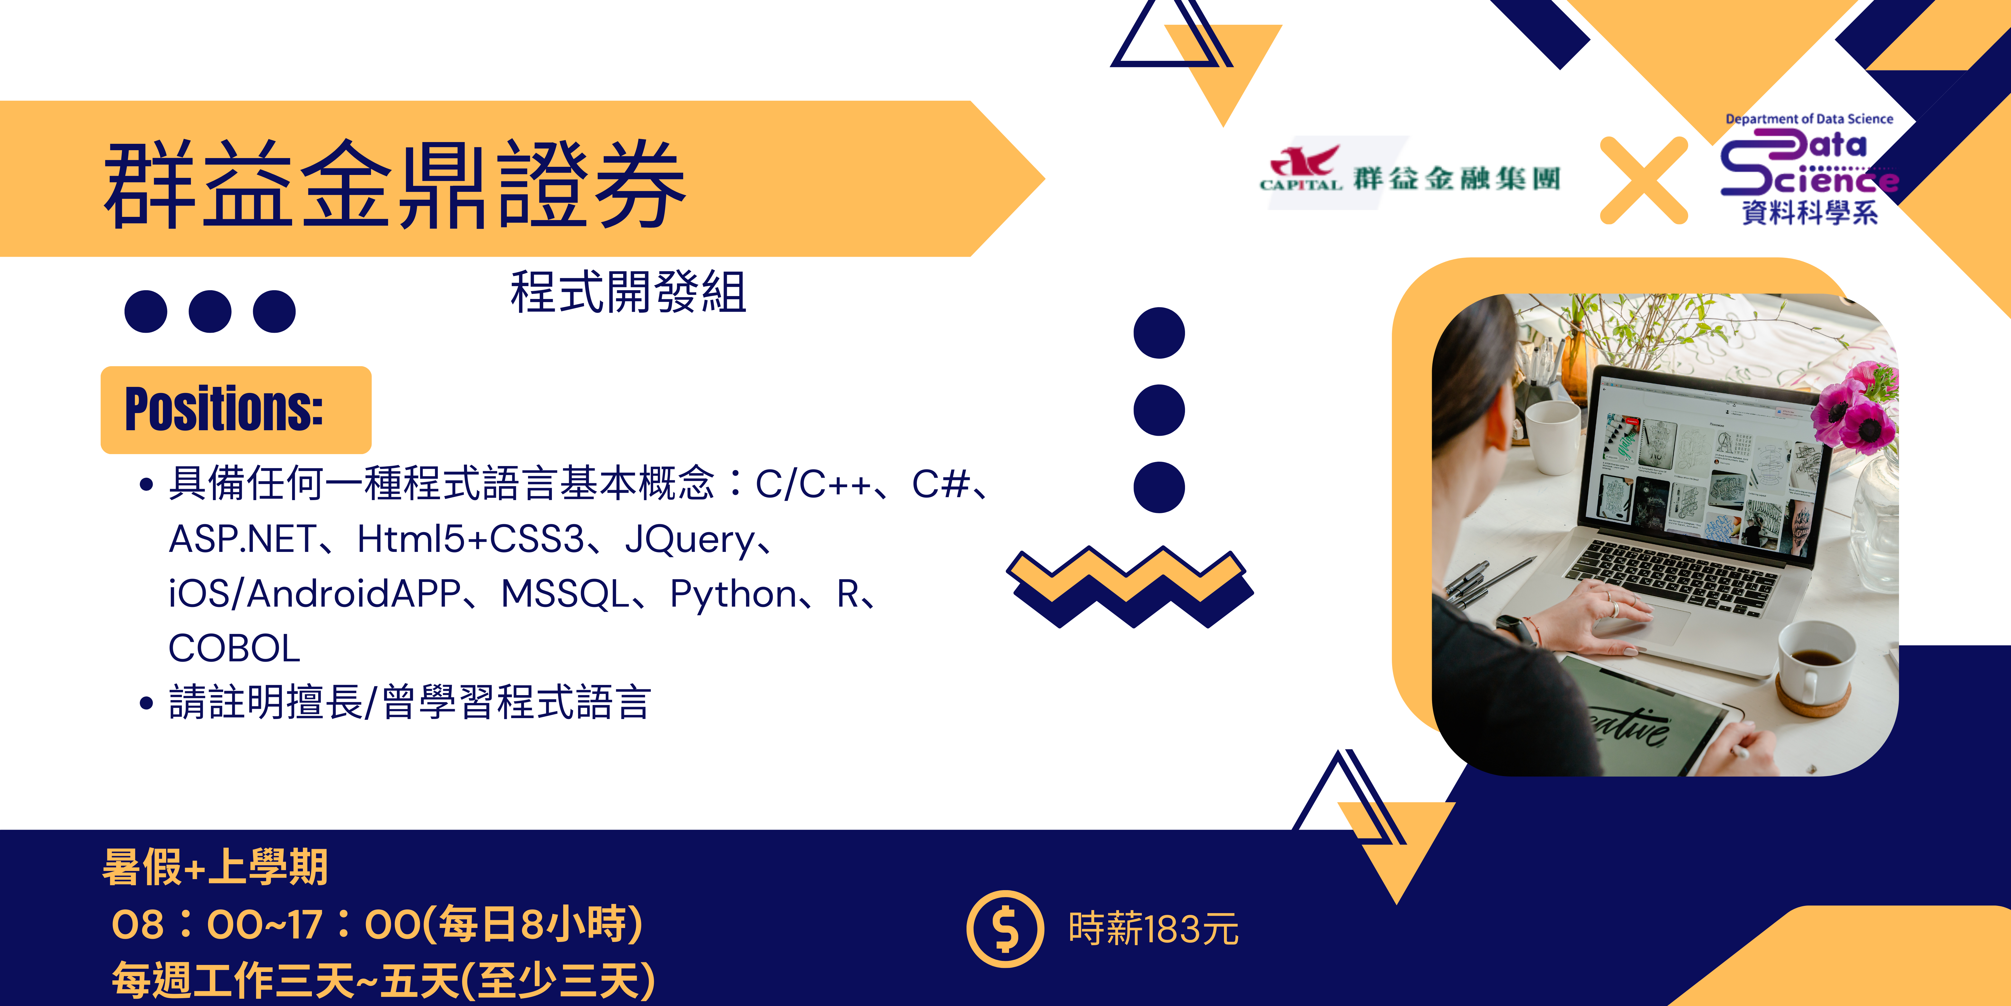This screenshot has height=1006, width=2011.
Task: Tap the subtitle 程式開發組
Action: coord(628,292)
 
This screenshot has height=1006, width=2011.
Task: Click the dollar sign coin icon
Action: coord(1005,929)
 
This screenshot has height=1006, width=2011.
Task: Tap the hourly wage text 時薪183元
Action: coord(1153,929)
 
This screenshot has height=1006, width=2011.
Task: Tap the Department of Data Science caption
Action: coord(1809,119)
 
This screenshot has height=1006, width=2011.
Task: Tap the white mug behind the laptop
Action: coord(1552,438)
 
